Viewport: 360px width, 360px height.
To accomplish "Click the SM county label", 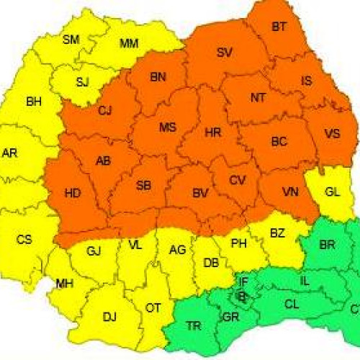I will coord(71,40).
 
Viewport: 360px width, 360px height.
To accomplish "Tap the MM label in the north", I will coord(128,44).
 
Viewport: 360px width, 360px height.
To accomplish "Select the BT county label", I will coord(279,27).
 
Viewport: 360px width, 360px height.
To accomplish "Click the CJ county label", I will coord(106,110).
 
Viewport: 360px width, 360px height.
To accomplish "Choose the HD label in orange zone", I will coord(73,193).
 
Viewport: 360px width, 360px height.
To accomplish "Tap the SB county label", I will coord(143,186).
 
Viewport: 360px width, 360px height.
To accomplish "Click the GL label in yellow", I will coord(333,192).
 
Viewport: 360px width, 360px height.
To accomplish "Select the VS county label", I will coord(333,133).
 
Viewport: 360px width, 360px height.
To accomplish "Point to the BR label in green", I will coord(327,245).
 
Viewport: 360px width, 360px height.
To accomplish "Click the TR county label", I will coord(194,326).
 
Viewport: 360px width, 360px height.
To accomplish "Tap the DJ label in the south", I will coord(109,316).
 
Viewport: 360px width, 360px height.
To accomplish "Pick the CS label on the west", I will coord(24,239).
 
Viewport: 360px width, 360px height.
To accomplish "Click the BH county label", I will coord(33,102).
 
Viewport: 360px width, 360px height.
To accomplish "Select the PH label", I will coord(239,244).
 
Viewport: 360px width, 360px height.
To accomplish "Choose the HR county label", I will coord(212,133).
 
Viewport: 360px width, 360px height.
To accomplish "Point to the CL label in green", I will coord(292,305).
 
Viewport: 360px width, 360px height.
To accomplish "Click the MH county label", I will coord(65,284).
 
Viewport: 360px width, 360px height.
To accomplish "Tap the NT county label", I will coord(258,97).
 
